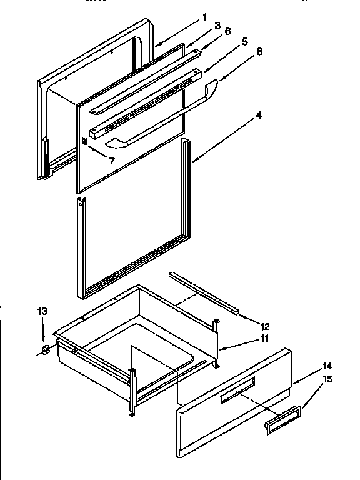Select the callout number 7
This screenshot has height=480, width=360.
tap(112, 161)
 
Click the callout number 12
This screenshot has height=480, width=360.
tap(265, 326)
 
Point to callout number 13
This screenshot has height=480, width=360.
tap(42, 311)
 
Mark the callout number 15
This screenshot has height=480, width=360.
tap(327, 379)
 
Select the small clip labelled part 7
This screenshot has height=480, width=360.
tap(84, 141)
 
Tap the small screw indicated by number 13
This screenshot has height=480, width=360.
tap(45, 349)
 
